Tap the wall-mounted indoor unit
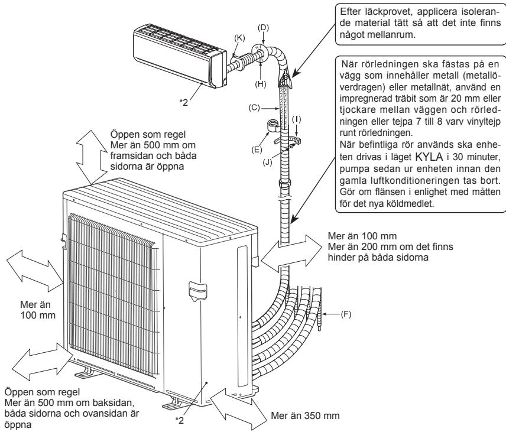click(x=177, y=57)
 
